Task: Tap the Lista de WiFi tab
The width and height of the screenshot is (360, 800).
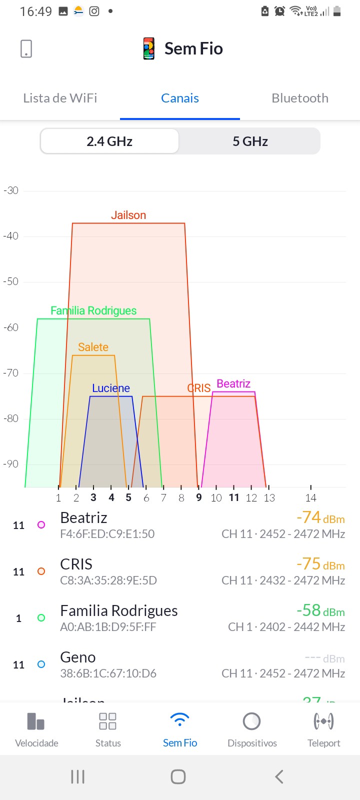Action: [x=60, y=98]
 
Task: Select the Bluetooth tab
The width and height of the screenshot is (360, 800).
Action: [x=300, y=98]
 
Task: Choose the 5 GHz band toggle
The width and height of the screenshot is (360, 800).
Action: [x=250, y=141]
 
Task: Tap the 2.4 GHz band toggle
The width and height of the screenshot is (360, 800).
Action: [x=109, y=141]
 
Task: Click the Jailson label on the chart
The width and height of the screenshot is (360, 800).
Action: [x=128, y=215]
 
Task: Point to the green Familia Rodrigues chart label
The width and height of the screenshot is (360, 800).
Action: [x=93, y=310]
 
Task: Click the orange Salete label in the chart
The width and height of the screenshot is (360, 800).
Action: [x=93, y=347]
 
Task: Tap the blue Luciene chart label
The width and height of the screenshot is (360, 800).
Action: [x=111, y=388]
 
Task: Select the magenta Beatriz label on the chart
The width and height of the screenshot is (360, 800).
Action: [x=233, y=383]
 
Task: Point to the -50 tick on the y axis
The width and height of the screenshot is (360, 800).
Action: [x=11, y=281]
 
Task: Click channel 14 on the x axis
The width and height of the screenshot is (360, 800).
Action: [x=311, y=497]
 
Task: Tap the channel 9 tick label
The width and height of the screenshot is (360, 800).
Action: [x=199, y=497]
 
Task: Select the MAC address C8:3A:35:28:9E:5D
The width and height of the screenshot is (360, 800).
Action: [x=108, y=580]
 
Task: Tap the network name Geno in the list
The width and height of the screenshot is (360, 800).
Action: [x=78, y=657]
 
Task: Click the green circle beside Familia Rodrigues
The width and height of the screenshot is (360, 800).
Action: [x=41, y=618]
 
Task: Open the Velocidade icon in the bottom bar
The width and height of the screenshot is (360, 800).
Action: [x=36, y=721]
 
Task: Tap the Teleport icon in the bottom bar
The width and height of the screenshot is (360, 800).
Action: [x=323, y=721]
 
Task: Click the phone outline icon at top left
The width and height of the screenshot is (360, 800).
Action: [x=26, y=48]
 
